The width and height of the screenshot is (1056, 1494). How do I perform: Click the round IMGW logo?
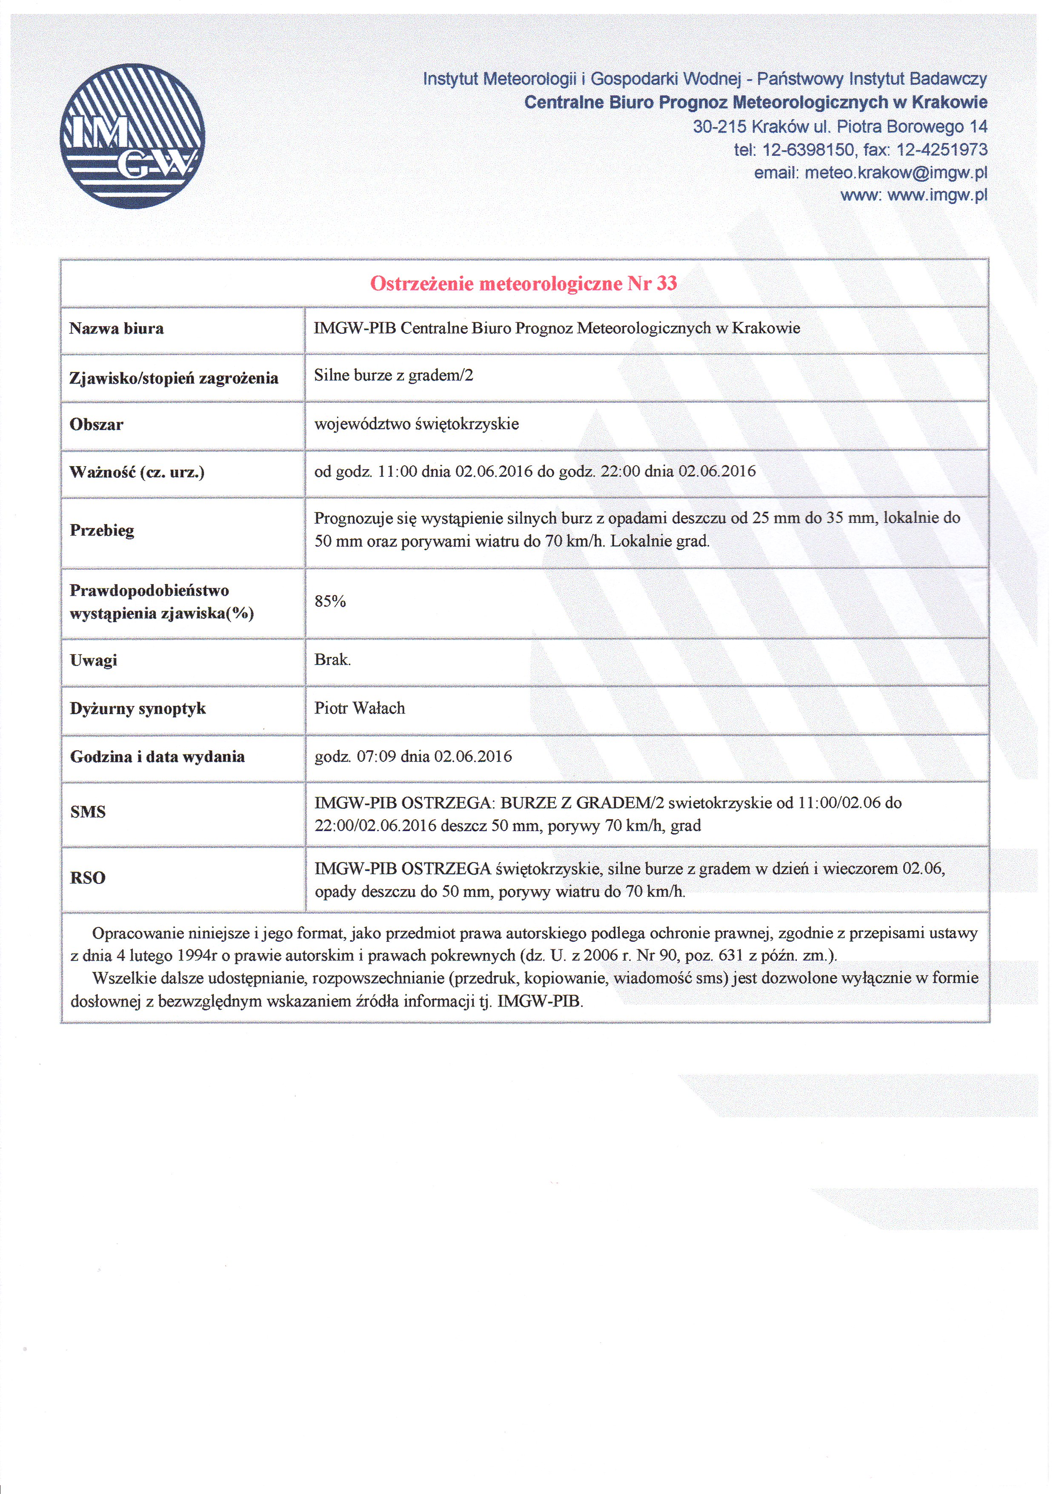[x=132, y=136]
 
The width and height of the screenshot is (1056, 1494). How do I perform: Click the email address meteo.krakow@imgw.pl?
[x=896, y=172]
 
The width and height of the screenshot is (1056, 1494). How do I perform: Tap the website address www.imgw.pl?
[x=937, y=195]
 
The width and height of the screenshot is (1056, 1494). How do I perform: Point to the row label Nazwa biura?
[x=117, y=329]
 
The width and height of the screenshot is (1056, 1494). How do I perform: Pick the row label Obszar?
[x=96, y=424]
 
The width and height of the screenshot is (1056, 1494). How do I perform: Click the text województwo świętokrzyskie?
[x=416, y=424]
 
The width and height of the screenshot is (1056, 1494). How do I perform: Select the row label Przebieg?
[x=102, y=530]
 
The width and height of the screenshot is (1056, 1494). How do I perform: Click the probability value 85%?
[x=330, y=601]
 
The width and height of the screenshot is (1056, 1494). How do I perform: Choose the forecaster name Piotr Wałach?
[x=359, y=708]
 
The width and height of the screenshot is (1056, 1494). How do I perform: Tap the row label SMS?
[x=88, y=812]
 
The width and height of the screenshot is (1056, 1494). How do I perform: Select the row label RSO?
[x=88, y=878]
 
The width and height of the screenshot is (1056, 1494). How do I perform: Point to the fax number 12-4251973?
[x=942, y=150]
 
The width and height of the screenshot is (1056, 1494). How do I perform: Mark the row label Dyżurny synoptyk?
[x=138, y=708]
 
